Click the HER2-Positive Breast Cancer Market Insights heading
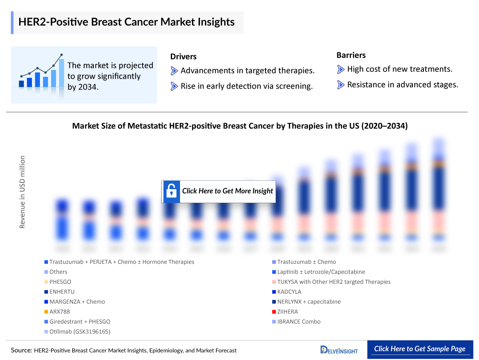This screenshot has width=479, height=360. [126, 22]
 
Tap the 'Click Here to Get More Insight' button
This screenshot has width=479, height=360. [218, 191]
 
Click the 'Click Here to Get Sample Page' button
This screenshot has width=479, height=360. [420, 349]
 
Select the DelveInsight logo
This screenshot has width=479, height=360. [339, 350]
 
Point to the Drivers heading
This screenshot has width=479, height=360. [183, 57]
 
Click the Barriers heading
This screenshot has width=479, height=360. [351, 55]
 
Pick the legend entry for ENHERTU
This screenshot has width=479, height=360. [62, 292]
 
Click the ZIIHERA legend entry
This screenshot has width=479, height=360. [287, 312]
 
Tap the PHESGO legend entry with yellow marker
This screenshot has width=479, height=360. [60, 282]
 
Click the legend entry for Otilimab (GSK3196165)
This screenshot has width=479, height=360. [79, 332]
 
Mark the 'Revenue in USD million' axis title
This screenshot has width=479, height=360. [22, 192]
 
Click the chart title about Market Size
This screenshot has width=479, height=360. [239, 126]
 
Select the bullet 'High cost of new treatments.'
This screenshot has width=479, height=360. [399, 69]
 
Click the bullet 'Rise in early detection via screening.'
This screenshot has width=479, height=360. [246, 86]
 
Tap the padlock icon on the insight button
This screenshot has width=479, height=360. [172, 191]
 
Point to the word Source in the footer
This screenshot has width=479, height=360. [21, 350]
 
